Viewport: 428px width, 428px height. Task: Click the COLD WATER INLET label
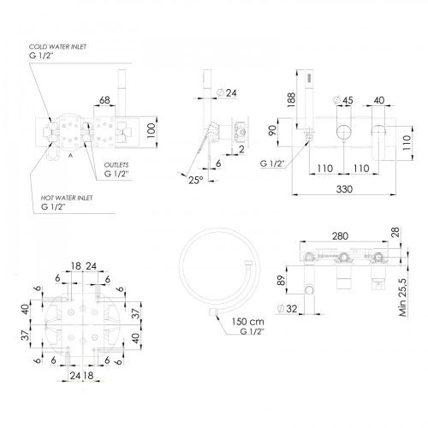click(x=57, y=47)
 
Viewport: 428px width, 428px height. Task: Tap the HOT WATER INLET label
click(x=67, y=198)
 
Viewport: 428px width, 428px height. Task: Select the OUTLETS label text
click(x=116, y=165)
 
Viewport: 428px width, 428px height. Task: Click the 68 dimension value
click(x=104, y=100)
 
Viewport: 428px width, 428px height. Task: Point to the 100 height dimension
click(x=152, y=131)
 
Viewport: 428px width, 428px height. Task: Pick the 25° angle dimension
click(x=196, y=180)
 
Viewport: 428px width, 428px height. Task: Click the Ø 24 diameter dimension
click(x=227, y=92)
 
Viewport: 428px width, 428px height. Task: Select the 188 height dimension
click(x=291, y=99)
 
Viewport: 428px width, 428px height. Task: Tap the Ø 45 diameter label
click(x=343, y=100)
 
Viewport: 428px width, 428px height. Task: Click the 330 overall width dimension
click(x=344, y=189)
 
